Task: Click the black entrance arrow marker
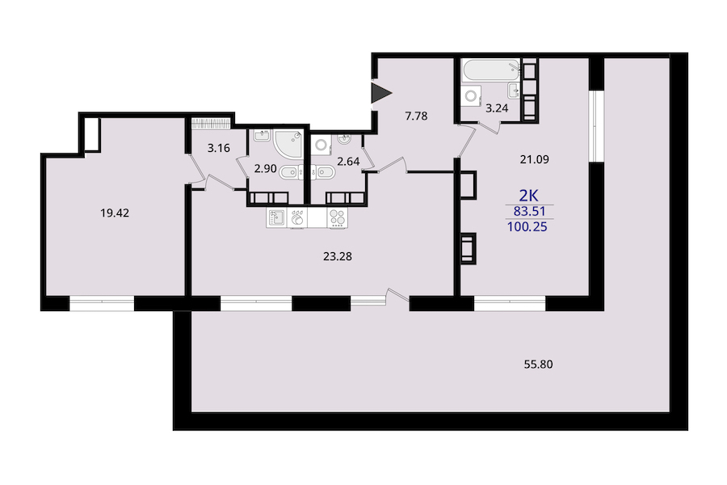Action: [380, 93]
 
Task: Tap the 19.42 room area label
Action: [115, 213]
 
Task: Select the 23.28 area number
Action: [338, 256]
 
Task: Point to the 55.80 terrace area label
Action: [538, 365]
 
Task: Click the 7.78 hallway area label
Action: [416, 116]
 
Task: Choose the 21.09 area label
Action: [535, 160]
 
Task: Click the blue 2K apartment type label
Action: [528, 196]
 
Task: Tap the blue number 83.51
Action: [529, 211]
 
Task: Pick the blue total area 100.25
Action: [527, 227]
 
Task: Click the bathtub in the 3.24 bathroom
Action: [491, 70]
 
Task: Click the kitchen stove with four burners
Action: [338, 217]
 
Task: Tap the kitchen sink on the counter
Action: [277, 217]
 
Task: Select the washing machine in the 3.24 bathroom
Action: [471, 96]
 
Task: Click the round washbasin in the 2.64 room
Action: [343, 138]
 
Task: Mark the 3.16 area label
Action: [219, 149]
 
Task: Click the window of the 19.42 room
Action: [102, 303]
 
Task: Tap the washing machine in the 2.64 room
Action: [321, 145]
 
